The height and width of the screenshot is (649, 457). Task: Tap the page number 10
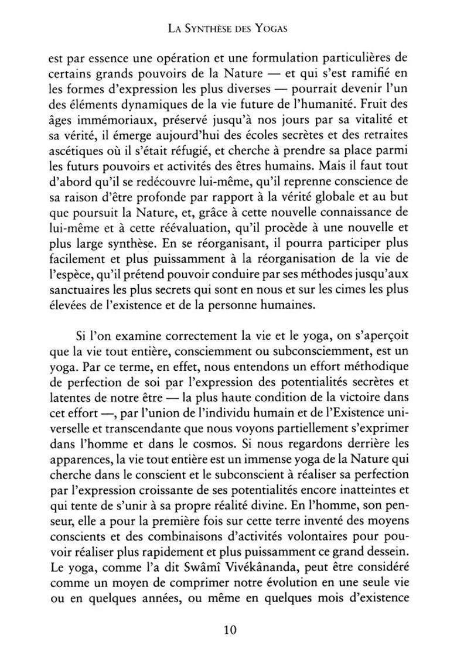click(229, 630)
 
